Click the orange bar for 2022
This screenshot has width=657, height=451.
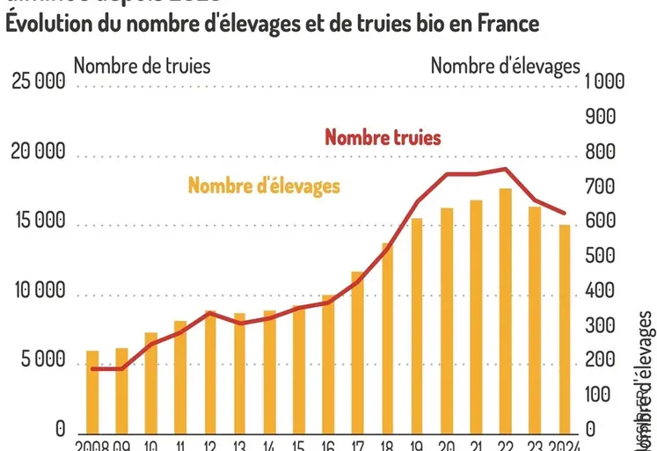(505, 309)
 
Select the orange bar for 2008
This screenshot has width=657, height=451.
(92, 390)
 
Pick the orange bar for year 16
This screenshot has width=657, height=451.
(328, 362)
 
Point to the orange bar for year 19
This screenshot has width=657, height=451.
(417, 324)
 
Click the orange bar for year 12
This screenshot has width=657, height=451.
(210, 370)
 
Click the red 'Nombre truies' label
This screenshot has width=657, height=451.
(383, 137)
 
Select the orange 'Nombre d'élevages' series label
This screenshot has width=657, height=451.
(264, 185)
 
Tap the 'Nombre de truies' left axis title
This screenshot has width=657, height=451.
(142, 65)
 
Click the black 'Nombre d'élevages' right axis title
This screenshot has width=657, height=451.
(505, 65)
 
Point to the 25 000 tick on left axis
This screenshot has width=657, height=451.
(39, 83)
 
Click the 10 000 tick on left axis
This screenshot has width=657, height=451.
(39, 291)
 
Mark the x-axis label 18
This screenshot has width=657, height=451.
(387, 445)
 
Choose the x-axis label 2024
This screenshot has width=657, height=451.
(563, 445)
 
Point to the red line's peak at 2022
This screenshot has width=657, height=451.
(505, 169)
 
